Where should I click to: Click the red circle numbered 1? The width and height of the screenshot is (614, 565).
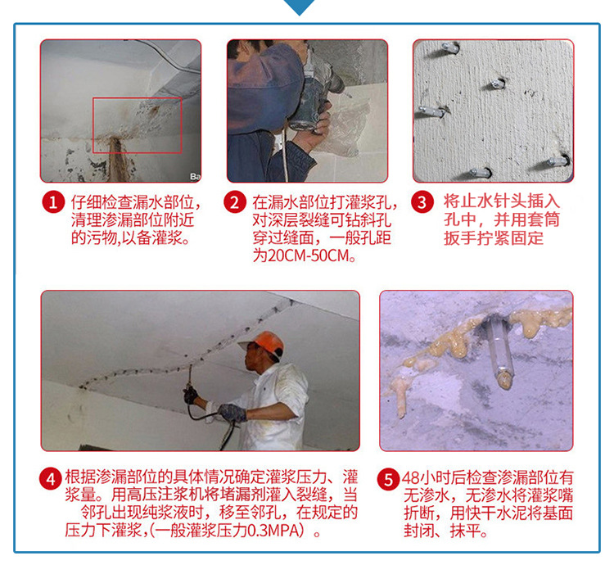coord(53,202)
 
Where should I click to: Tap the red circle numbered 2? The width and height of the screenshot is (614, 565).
coord(235,202)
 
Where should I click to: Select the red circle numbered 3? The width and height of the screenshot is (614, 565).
coord(422,202)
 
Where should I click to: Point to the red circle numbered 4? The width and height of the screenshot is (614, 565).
coord(51,479)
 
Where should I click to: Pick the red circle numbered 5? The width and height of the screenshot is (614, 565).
coord(388,479)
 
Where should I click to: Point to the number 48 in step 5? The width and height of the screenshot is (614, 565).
coord(410,477)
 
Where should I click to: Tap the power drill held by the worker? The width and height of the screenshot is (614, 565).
coord(314,95)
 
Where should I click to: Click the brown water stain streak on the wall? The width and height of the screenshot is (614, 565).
coord(116,159)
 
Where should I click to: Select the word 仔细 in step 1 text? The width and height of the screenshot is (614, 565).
coord(86,202)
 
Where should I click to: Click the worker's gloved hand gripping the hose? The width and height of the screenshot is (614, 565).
coord(233,413)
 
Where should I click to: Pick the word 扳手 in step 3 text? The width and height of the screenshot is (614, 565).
coord(460,237)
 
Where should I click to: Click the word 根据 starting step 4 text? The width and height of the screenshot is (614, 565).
coord(80,477)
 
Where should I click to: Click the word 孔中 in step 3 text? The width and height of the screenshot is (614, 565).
coord(460,219)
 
